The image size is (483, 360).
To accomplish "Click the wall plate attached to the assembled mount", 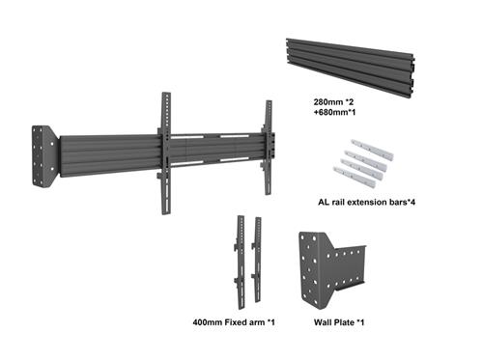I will click(x=45, y=155).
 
